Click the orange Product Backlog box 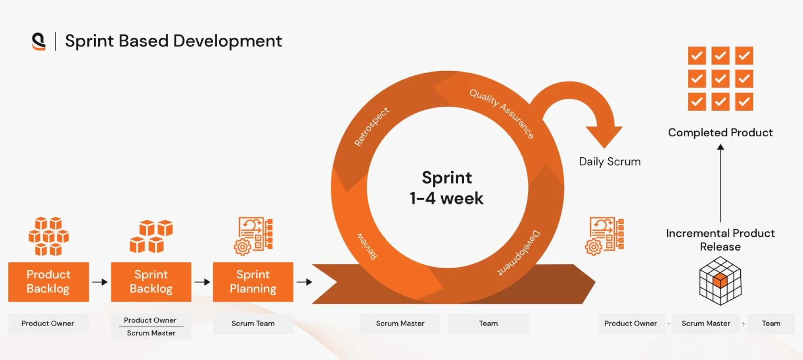[x=49, y=282]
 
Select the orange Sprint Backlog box [x=151, y=282]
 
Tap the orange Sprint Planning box [x=253, y=282]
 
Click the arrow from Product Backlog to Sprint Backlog [x=100, y=282]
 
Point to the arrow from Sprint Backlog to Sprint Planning [x=202, y=282]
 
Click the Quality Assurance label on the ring [x=502, y=113]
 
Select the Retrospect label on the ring [x=371, y=126]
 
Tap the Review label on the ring [x=367, y=246]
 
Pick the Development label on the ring [x=519, y=253]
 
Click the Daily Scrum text [x=609, y=162]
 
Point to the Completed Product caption [x=720, y=133]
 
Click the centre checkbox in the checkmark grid [x=720, y=79]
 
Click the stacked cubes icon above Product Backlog [x=49, y=236]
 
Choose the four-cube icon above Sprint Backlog [x=151, y=236]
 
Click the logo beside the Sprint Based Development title [x=38, y=41]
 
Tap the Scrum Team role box [x=253, y=324]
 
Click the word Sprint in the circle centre [x=447, y=178]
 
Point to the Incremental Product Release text [x=720, y=240]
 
